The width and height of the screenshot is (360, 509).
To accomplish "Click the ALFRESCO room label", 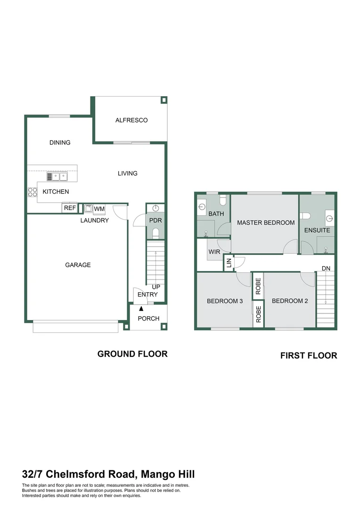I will [x=131, y=120].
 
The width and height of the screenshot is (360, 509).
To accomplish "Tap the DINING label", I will [x=60, y=142].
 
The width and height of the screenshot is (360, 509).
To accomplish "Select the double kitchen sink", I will [x=57, y=177].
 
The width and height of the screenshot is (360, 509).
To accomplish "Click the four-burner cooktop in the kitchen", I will [x=33, y=192].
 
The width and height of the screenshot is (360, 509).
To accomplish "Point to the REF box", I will [x=70, y=208].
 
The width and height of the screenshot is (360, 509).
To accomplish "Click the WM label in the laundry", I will [x=99, y=209].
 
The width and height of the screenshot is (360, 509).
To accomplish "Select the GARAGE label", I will [x=78, y=265].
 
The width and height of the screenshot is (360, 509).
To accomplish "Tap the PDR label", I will [x=155, y=221].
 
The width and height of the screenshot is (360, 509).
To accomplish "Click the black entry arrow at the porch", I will [x=141, y=309].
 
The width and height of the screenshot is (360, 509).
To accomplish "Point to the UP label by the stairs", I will [x=156, y=287].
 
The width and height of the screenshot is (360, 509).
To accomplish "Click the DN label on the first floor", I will [x=326, y=268].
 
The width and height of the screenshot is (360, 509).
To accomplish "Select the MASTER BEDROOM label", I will [x=266, y=222].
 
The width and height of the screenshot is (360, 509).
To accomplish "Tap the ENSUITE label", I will [x=317, y=230].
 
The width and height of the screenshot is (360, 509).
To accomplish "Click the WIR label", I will [x=214, y=252].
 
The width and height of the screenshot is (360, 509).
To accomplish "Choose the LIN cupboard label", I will [x=229, y=263].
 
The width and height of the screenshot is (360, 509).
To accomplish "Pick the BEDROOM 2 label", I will [x=290, y=301].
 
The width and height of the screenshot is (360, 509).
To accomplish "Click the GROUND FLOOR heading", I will [x=132, y=354].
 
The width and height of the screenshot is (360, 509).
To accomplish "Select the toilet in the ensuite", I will [x=306, y=216].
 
